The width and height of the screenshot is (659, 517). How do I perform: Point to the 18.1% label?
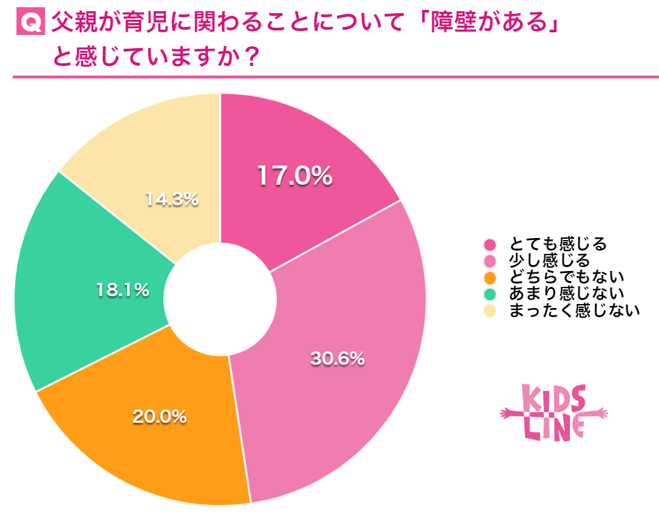(x=123, y=289)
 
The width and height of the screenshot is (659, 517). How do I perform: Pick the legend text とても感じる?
(x=558, y=244)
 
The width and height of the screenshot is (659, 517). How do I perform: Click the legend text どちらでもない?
(x=566, y=277)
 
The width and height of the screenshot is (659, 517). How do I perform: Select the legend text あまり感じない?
(x=566, y=293)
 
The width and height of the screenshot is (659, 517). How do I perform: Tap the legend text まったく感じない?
(x=574, y=311)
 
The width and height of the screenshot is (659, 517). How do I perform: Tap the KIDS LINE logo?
(x=554, y=413)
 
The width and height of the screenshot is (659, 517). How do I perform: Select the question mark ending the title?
(x=248, y=57)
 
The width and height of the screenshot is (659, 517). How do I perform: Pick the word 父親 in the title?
(x=74, y=24)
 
